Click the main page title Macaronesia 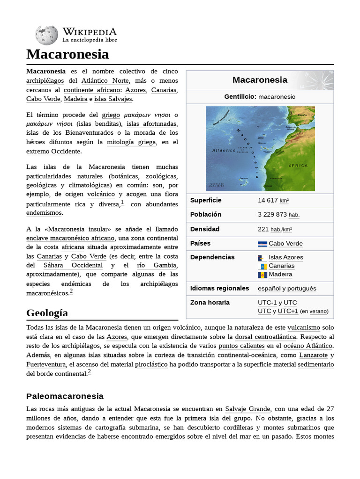[67, 54]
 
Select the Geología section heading [47, 312]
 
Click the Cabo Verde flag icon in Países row [262, 244]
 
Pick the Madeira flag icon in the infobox [262, 275]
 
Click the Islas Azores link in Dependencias [285, 257]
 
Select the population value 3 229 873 [272, 215]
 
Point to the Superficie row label [206, 200]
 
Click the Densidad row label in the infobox [205, 229]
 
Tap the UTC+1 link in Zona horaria [288, 311]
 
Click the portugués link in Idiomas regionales [302, 289]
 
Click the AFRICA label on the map [298, 166]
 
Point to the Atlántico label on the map [224, 151]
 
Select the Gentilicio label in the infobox [239, 96]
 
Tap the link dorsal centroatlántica [265, 337]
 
